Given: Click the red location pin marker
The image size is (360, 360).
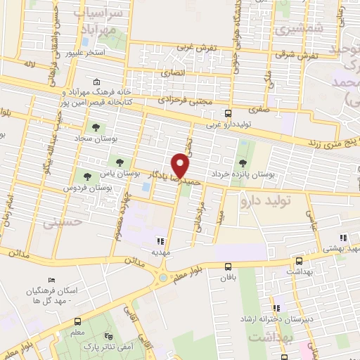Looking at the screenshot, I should point(181,165).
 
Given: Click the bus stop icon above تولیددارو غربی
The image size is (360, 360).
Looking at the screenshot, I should point(228,112).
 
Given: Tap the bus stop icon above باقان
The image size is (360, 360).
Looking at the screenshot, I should point(228,266).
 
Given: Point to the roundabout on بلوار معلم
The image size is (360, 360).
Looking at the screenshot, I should point(163,277).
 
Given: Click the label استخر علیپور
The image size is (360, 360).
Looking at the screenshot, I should point(85,53).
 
